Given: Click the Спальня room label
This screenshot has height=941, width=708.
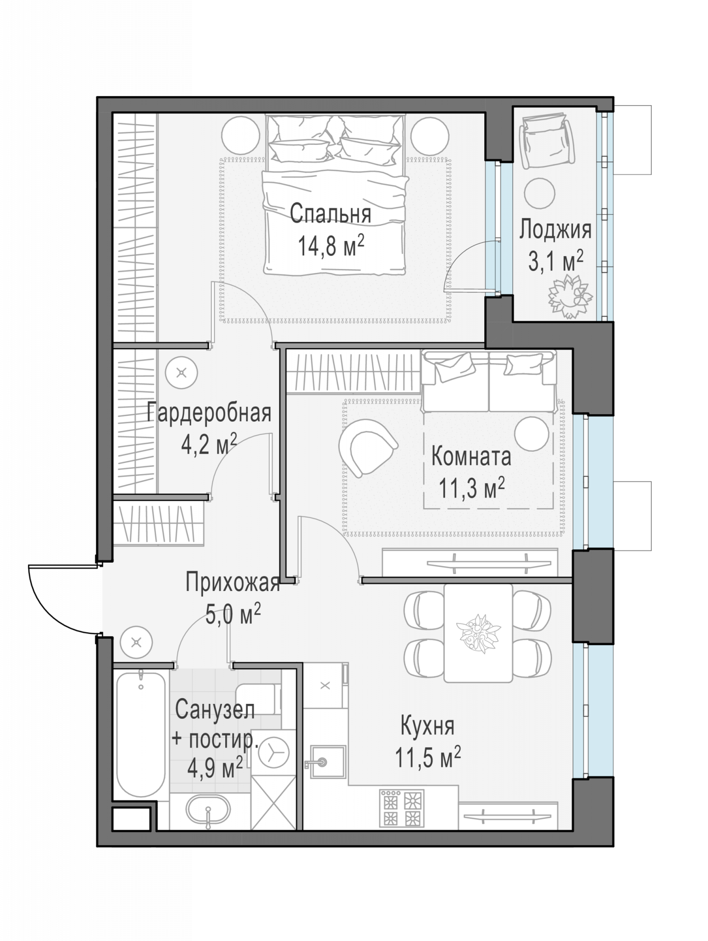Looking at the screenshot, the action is point(330,214).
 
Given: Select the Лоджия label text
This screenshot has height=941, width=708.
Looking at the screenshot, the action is point(555,231).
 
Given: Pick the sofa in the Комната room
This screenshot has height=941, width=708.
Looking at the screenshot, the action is point(489,382).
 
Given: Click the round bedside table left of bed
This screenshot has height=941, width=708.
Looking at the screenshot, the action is point(240,135).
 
